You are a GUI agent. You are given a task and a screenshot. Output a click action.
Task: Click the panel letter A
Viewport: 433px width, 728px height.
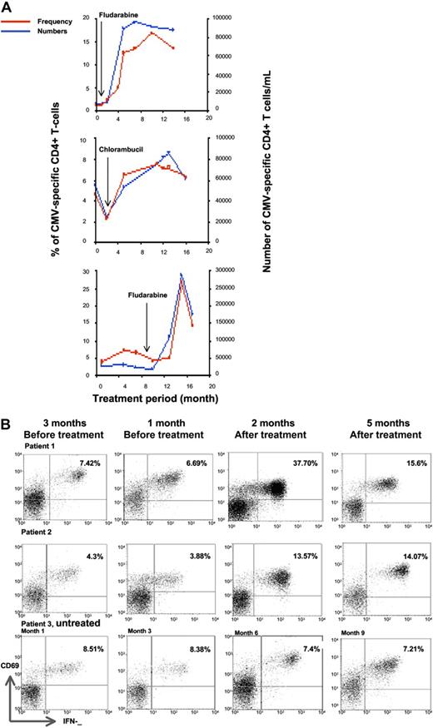point(7,7)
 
